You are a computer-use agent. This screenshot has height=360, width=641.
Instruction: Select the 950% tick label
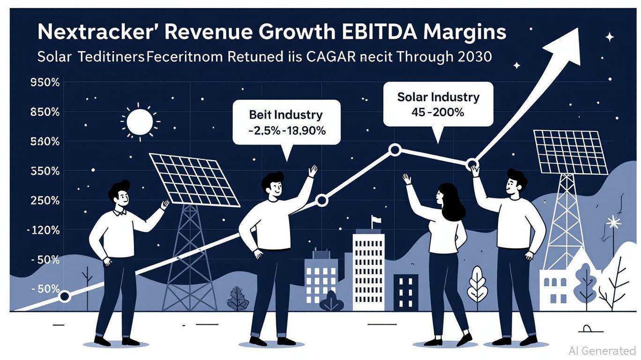click(45, 83)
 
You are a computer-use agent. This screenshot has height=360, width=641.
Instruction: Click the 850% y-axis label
click(45, 112)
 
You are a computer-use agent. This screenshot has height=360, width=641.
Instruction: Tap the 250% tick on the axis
click(45, 201)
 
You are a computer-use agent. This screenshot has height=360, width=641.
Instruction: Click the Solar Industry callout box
click(438, 105)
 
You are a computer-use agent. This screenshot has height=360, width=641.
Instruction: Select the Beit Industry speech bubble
click(286, 121)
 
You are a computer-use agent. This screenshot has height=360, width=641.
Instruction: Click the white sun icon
click(139, 120)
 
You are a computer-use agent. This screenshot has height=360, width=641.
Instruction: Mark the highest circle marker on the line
click(395, 150)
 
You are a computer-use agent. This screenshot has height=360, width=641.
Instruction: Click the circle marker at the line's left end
click(65, 296)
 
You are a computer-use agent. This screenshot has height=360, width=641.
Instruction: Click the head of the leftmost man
click(119, 193)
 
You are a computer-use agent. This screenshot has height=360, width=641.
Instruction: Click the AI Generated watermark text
click(602, 350)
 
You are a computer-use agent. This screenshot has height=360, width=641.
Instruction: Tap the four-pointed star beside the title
click(609, 37)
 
